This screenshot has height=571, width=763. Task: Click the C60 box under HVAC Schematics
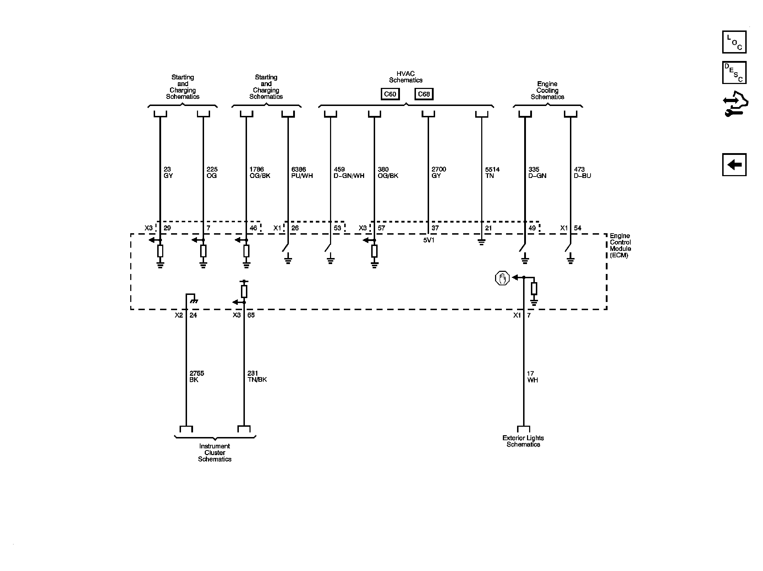tap(390, 94)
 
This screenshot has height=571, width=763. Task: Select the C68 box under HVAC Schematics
tap(424, 94)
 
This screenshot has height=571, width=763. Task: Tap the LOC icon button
tap(734, 42)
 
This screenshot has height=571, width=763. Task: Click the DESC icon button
tap(734, 73)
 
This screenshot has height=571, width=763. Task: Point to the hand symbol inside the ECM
tap(502, 278)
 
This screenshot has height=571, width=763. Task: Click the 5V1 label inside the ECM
tap(429, 240)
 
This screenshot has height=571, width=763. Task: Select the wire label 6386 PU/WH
tap(302, 173)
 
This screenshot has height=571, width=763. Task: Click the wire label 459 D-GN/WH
tap(349, 173)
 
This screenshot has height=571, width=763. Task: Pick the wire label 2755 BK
tap(197, 376)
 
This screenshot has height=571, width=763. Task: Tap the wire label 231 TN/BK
tap(257, 376)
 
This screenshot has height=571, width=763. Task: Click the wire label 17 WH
tap(532, 377)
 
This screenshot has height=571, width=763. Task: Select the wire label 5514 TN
tap(492, 173)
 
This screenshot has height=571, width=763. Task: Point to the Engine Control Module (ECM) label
tap(620, 245)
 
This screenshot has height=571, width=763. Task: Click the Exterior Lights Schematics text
tap(523, 441)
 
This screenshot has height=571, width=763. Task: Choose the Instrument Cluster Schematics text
tap(215, 453)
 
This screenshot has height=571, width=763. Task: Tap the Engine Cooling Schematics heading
tap(547, 90)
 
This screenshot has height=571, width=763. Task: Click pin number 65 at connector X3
tap(251, 315)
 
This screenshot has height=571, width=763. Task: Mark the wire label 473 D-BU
tap(582, 173)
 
